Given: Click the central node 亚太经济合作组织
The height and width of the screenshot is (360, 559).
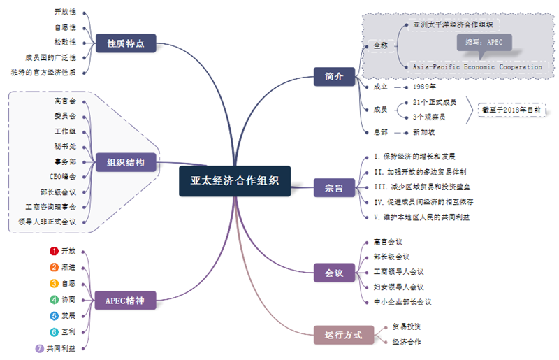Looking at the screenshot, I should pos(235,180).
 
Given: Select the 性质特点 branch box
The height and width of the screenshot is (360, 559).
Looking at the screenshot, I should pos(126,43).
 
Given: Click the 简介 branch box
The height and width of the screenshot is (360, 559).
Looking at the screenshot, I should pos(334,76).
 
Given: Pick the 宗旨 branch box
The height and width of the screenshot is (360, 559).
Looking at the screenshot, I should pos(334,188).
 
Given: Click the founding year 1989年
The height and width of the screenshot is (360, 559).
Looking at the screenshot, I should pos(424,87).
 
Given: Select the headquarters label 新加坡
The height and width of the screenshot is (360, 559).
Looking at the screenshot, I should pos(424,131).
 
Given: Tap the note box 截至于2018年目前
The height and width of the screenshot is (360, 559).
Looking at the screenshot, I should pos(511,110).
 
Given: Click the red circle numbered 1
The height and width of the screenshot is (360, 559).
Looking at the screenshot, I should pos(54,251).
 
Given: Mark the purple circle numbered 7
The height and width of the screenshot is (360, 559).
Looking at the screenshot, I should pos(40,348).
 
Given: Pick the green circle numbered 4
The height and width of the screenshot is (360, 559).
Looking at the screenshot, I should pos(54,300).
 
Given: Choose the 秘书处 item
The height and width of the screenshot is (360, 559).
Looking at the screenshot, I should pos(64,147).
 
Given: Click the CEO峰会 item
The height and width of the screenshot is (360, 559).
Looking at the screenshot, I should pos(63,177).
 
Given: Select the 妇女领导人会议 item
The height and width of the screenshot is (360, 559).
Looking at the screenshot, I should pos(398,287).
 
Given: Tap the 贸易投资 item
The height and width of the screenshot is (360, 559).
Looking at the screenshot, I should pos(406,326).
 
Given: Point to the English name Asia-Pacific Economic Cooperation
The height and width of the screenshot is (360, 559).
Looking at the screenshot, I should pos(477,67).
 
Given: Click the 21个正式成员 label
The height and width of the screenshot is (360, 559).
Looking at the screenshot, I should pos(434,102).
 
